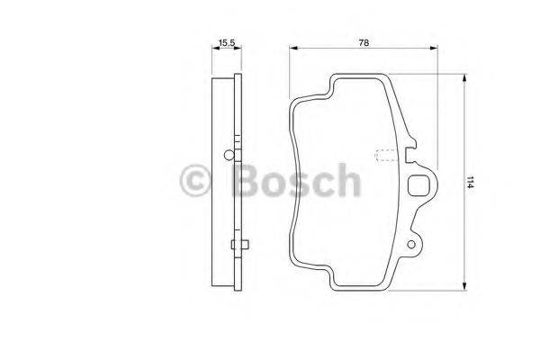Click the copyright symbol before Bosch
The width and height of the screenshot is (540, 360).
(195, 181)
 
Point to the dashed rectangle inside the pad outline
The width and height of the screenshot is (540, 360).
(385, 154)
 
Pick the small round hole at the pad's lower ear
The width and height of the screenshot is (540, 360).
(414, 243)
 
